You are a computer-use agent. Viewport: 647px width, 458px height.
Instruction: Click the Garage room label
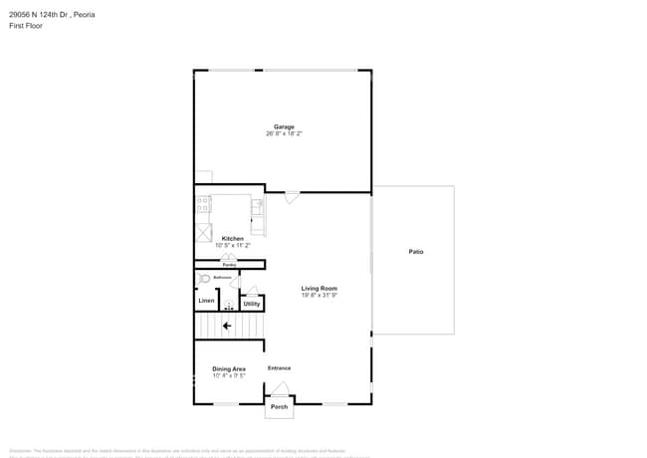[x=284, y=126]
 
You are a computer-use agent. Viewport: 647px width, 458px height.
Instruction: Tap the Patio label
[x=416, y=252]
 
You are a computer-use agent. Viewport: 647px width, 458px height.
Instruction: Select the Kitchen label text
[x=232, y=239]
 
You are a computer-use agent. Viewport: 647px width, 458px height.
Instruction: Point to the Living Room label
[x=320, y=289]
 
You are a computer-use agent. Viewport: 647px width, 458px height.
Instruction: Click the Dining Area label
[x=228, y=369]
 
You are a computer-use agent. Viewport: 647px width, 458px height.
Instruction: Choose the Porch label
[x=280, y=406]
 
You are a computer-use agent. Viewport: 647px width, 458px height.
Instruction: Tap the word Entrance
[x=279, y=368]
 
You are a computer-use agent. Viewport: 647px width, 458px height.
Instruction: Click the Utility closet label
[x=252, y=303]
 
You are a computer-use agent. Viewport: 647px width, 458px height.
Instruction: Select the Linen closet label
[x=206, y=300]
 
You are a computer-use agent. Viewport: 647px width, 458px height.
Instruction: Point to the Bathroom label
[x=222, y=278]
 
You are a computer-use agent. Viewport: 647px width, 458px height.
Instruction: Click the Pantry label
[x=229, y=265]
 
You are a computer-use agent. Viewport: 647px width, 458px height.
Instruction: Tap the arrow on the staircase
[x=228, y=326]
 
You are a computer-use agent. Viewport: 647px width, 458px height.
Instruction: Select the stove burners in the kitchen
[x=204, y=205]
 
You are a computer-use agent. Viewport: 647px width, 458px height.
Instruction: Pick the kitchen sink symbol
[x=257, y=207]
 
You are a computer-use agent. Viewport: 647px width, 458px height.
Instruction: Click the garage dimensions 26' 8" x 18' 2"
[x=284, y=133]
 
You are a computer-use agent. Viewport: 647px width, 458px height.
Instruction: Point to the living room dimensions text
[x=320, y=296]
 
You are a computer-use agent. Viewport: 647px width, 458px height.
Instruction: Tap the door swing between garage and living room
[x=291, y=197]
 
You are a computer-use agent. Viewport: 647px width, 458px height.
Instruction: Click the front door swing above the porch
[x=281, y=389]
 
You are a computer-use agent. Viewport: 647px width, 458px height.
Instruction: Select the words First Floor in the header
[x=26, y=26]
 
